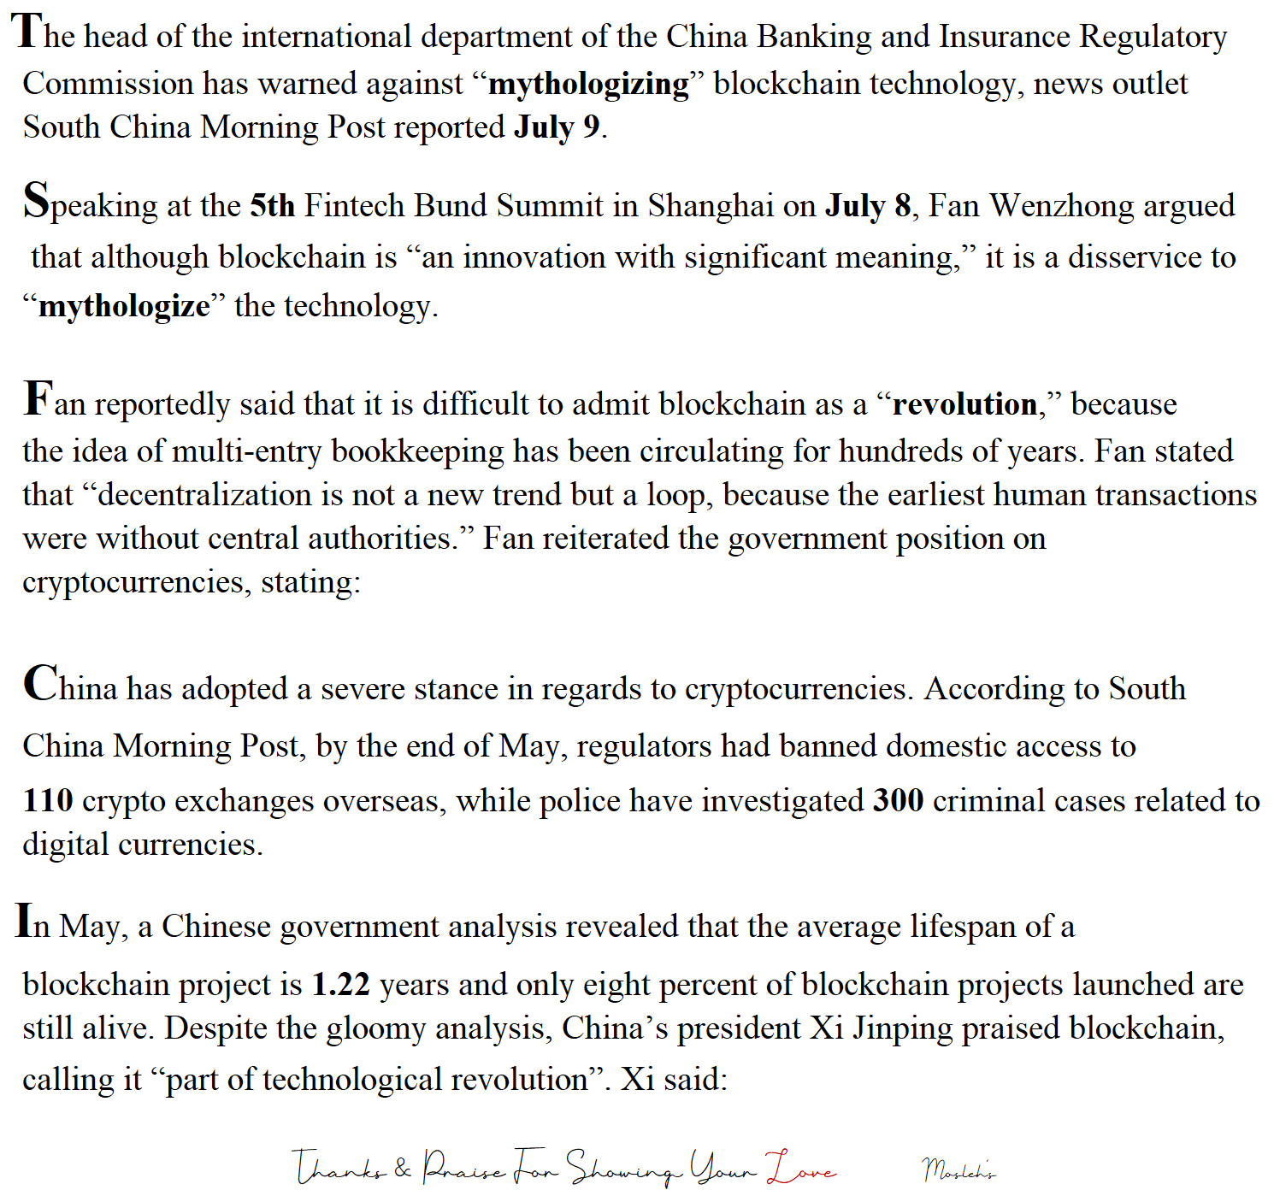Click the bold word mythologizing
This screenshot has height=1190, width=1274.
(x=588, y=85)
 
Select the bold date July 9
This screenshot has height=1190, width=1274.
(x=557, y=127)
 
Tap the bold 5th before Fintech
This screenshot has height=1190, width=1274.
(x=272, y=206)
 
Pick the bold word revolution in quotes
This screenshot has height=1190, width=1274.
(x=964, y=404)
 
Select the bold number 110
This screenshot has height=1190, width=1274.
(x=48, y=801)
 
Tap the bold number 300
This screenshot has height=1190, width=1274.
(x=898, y=801)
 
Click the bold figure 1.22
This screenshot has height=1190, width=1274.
(x=340, y=985)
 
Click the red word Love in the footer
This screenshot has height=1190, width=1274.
(x=801, y=1168)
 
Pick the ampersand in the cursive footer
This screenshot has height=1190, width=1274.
(x=403, y=1168)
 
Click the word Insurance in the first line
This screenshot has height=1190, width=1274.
(x=1005, y=37)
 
